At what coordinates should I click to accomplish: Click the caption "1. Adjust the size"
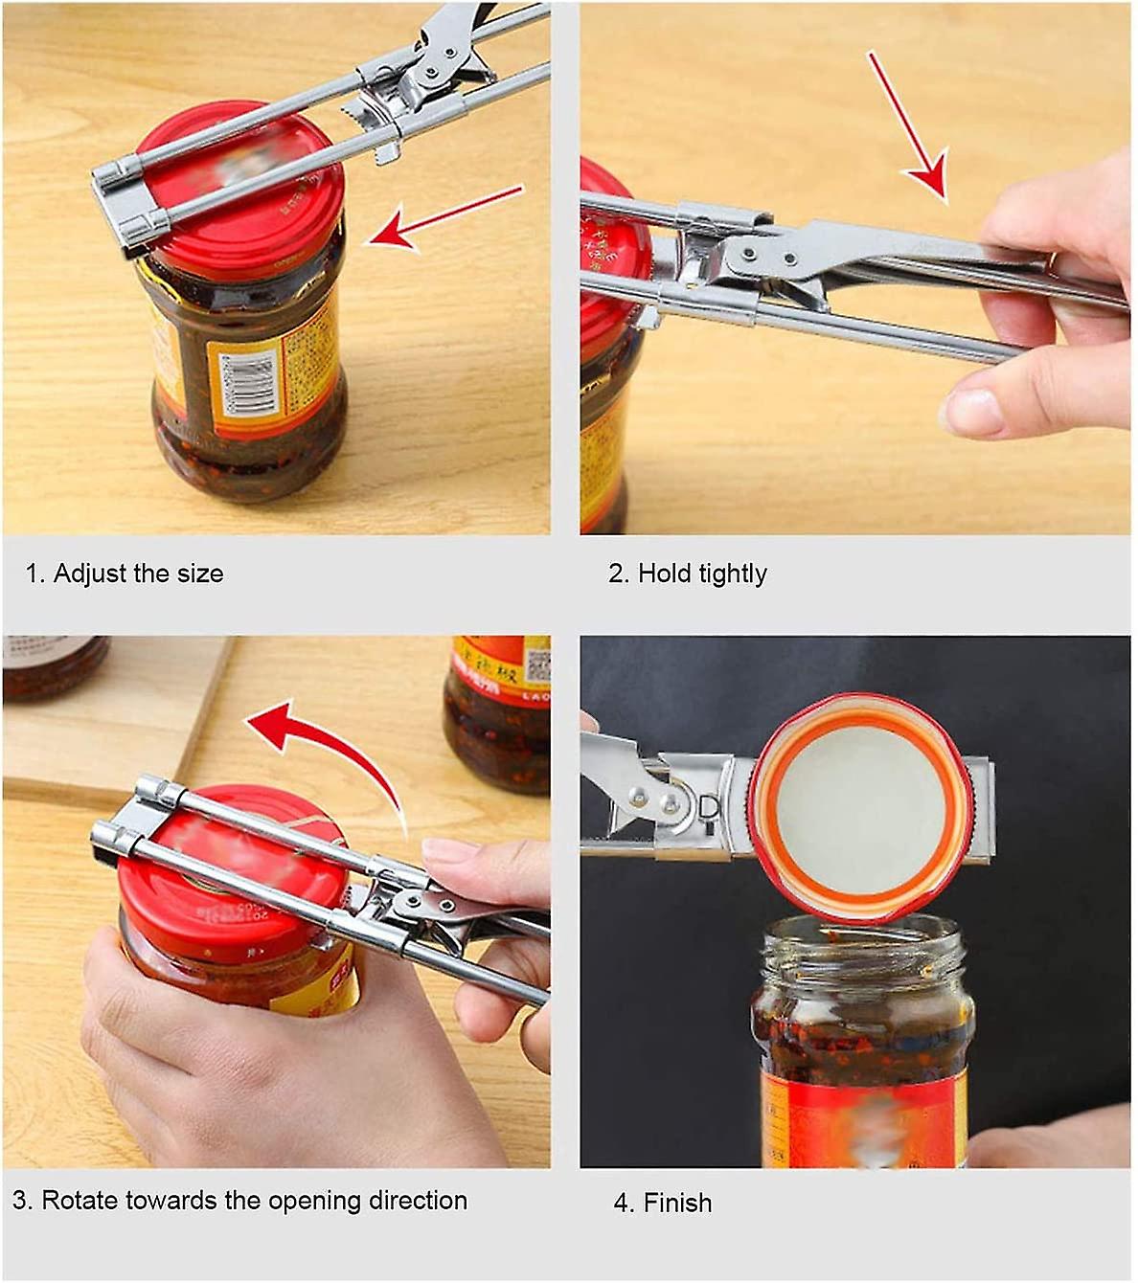(125, 574)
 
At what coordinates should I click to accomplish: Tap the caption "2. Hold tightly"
(688, 574)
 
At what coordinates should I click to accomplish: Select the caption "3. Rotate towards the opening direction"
(239, 1201)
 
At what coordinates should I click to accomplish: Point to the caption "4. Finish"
(663, 1203)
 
